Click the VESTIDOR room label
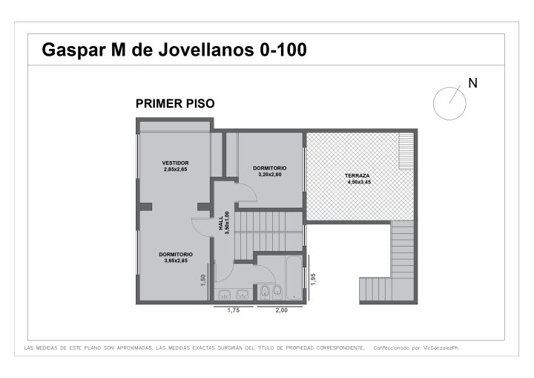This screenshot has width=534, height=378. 175,163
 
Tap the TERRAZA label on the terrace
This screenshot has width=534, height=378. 357,176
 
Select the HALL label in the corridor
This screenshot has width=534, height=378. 221,223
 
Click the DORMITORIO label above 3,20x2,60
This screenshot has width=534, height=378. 270,168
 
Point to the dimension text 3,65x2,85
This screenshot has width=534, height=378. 176,261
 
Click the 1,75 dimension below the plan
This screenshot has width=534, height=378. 234,310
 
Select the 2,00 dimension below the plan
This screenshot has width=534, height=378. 281,310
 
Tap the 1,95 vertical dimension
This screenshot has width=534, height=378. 313,279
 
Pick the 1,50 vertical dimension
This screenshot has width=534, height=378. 203,280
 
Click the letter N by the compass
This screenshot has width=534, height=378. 472,83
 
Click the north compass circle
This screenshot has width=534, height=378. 449,87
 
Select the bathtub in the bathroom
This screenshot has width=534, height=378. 294,278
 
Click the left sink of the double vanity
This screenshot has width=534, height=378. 224,294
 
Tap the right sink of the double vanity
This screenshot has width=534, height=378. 242,294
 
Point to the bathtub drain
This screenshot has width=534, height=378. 294,297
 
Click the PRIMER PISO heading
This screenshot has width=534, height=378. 175,103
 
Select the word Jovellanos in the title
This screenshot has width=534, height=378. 206,50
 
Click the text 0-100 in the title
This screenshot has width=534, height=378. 283,50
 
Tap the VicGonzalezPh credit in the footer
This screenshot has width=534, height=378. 441,348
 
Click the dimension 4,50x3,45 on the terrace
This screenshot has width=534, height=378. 359,182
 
